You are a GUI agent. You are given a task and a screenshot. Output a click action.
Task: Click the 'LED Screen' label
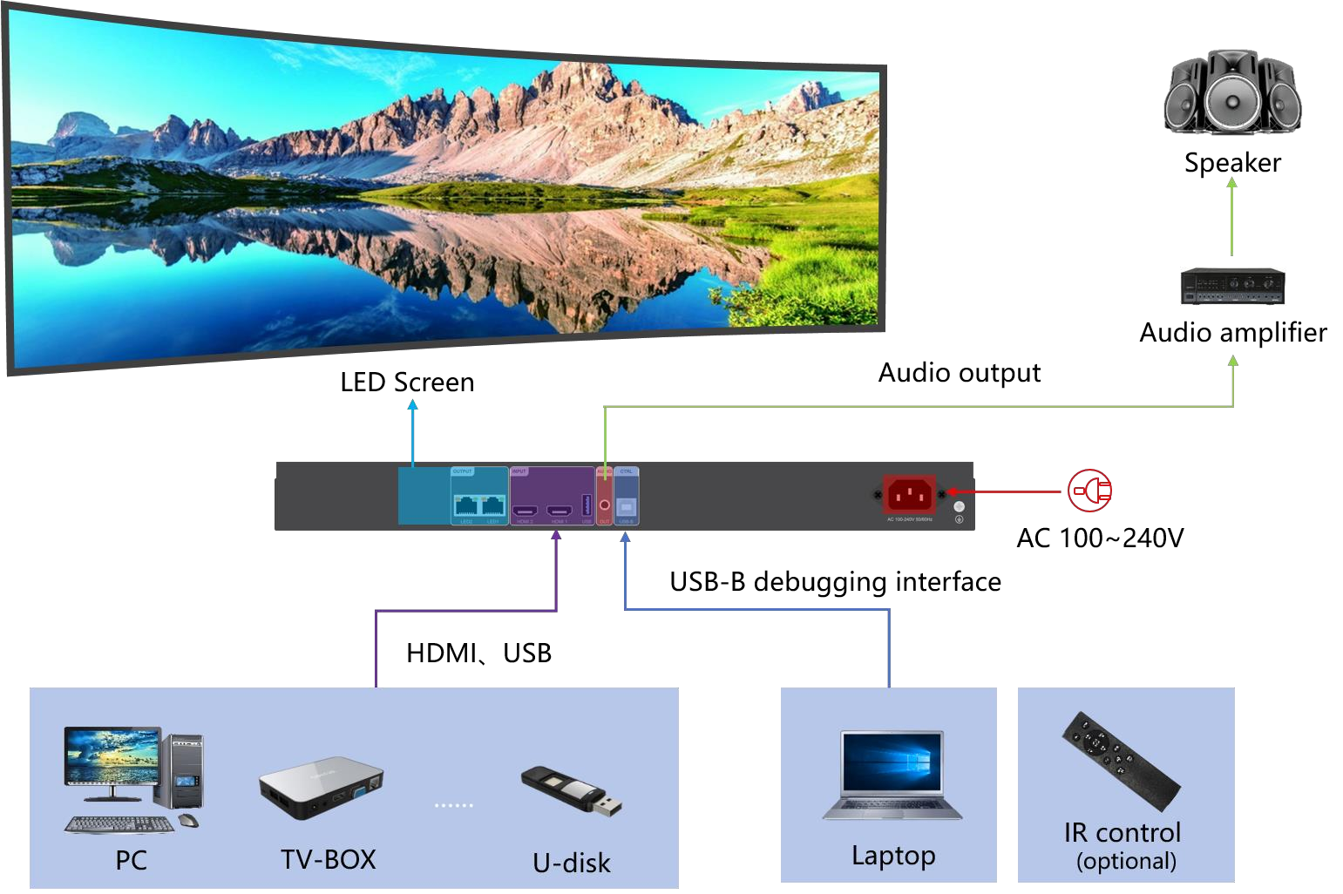pyautogui.click(x=407, y=383)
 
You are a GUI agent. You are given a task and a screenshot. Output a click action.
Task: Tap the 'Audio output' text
pyautogui.click(x=959, y=373)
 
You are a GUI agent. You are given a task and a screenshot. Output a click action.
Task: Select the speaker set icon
pyautogui.click(x=1232, y=92)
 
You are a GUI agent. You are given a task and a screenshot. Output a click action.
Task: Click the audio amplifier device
pyautogui.click(x=1232, y=286)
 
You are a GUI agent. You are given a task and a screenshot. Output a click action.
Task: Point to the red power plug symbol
pyautogui.click(x=1090, y=491)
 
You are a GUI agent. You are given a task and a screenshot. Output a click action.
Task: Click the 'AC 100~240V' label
pyautogui.click(x=1100, y=538)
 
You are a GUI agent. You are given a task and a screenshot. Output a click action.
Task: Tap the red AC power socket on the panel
pyautogui.click(x=909, y=495)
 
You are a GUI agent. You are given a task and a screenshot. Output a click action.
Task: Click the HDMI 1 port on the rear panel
pyautogui.click(x=559, y=510)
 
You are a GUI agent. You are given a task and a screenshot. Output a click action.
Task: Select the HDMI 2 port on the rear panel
pyautogui.click(x=525, y=510)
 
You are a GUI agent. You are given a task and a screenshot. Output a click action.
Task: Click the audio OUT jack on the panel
pyautogui.click(x=605, y=505)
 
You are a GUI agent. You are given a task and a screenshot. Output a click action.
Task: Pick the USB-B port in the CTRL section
pyautogui.click(x=626, y=506)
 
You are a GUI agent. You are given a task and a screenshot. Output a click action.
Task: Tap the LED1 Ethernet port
pyautogui.click(x=493, y=505)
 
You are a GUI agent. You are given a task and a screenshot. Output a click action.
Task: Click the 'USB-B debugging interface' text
pyautogui.click(x=835, y=582)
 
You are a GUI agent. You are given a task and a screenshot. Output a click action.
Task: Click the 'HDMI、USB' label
pyautogui.click(x=478, y=654)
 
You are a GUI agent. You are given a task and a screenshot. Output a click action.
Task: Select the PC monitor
pyautogui.click(x=112, y=756)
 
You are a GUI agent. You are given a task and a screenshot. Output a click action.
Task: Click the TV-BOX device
pyautogui.click(x=322, y=787)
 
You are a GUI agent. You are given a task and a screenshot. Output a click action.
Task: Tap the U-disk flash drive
pyautogui.click(x=572, y=791)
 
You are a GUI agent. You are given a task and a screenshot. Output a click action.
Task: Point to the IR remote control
pyautogui.click(x=1121, y=761)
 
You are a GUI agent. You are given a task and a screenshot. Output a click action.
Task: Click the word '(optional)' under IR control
pyautogui.click(x=1126, y=862)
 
